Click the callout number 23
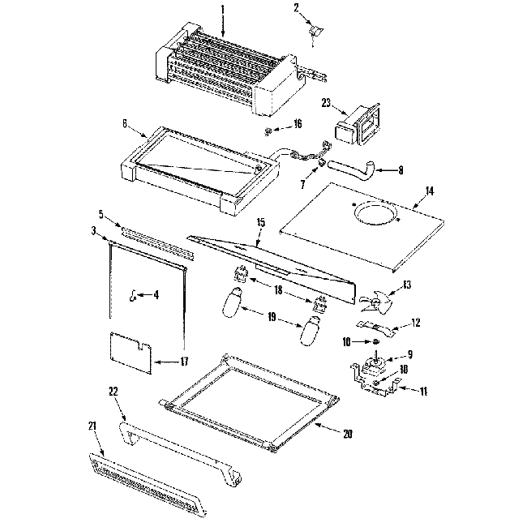327,103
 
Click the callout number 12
415,323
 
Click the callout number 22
114,391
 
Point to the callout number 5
101,215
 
